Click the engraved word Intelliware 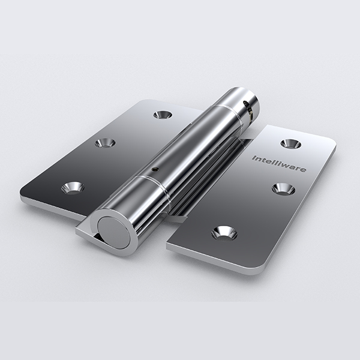pos(279,164)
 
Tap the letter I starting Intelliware pos(254,158)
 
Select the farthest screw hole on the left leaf pos(163,115)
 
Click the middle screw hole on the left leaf pos(105,143)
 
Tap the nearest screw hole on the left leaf pos(73,188)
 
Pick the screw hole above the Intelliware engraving pos(291,144)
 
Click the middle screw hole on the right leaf pos(284,189)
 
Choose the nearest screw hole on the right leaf pos(224,233)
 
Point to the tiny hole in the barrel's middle pos(155,169)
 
